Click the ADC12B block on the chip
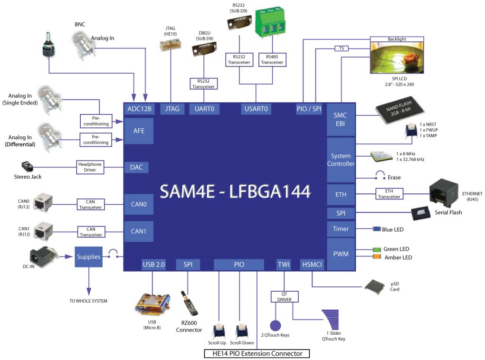point(140,109)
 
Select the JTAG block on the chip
point(172,109)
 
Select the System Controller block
point(341,160)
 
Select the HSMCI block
point(312,265)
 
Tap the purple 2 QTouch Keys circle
point(276,325)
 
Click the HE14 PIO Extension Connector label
point(257,353)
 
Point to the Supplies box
point(89,256)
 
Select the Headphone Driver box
point(90,167)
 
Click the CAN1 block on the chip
point(139,232)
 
